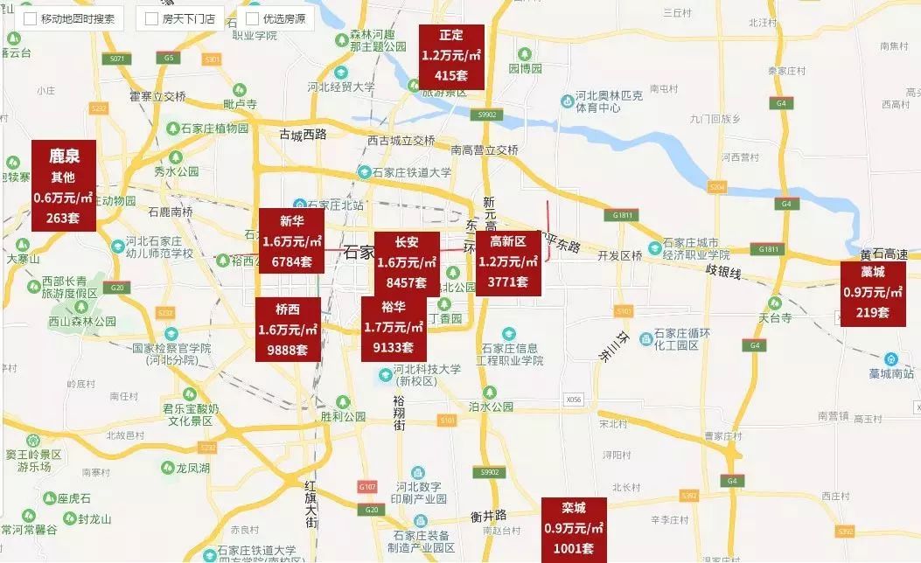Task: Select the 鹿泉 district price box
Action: pos(63,185)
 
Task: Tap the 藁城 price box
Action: pos(872,293)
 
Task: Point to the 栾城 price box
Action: pos(573,529)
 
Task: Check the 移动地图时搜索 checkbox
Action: pos(31,18)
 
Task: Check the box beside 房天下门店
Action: pos(152,18)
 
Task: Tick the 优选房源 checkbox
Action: pos(253,18)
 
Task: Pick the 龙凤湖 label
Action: pos(192,469)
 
